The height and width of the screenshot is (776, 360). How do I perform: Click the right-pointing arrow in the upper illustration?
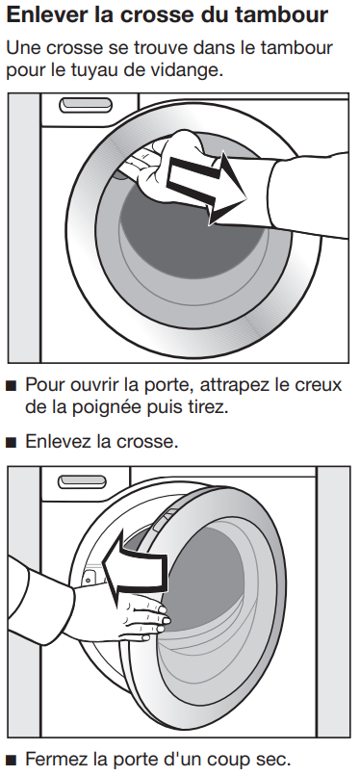(x=207, y=189)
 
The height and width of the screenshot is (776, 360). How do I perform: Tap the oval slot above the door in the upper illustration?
(x=86, y=104)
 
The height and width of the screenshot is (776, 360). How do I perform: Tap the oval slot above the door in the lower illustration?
(x=82, y=481)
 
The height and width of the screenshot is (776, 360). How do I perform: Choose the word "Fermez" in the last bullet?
(x=56, y=758)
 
